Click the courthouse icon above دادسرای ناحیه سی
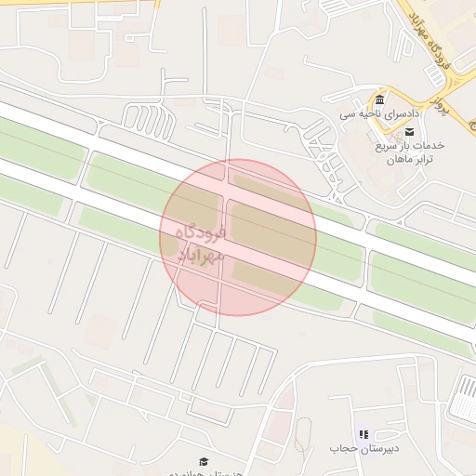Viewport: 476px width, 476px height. pos(379,100)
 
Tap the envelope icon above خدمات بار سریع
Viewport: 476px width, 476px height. pos(409,134)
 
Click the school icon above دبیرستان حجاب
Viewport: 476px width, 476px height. pos(363,434)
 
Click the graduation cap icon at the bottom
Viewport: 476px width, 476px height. pos(203,461)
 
